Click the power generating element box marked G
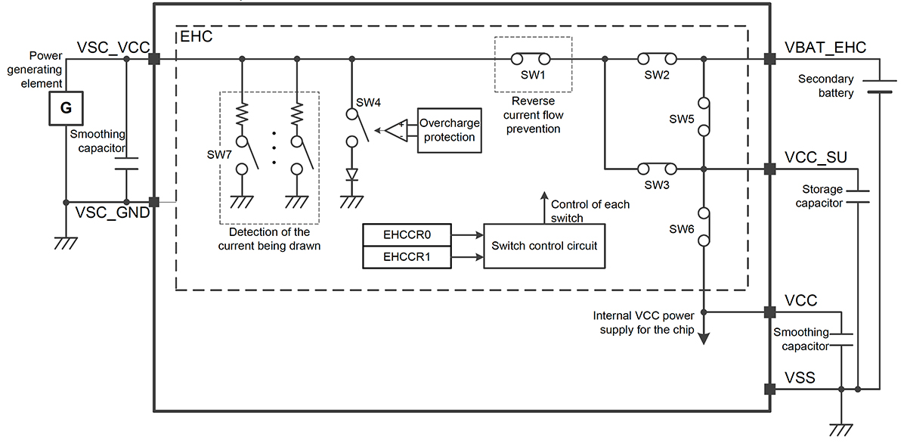(x=66, y=108)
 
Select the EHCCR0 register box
(x=407, y=235)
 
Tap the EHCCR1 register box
(x=407, y=258)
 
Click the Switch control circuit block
(x=544, y=246)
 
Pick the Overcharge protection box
(x=450, y=129)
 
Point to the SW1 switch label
(x=532, y=76)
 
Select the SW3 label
(x=658, y=185)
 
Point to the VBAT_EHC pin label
(x=825, y=48)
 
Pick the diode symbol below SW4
(x=351, y=175)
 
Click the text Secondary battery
(x=826, y=85)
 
